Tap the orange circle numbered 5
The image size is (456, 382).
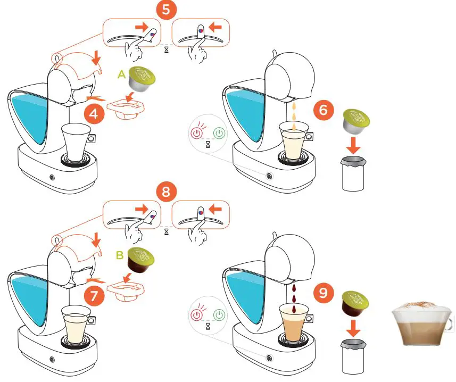pyautogui.click(x=166, y=10)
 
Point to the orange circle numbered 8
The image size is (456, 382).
pyautogui.click(x=166, y=192)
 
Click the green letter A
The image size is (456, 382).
pyautogui.click(x=121, y=77)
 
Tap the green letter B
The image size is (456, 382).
pyautogui.click(x=120, y=255)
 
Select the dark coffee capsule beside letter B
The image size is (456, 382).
pyautogui.click(x=141, y=258)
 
